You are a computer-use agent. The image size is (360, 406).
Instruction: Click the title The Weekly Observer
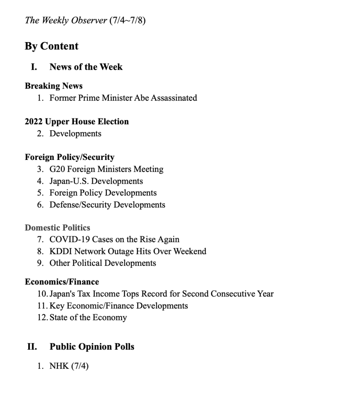[x=66, y=20]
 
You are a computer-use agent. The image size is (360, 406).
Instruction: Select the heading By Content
[x=52, y=46]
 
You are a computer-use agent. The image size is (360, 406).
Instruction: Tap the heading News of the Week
[x=86, y=67]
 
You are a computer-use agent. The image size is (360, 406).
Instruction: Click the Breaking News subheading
[x=54, y=86]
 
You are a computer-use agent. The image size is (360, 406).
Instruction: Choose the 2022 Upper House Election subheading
[x=77, y=121]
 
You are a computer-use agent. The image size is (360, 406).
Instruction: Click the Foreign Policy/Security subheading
[x=69, y=157]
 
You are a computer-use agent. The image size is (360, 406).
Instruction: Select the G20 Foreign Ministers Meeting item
[x=106, y=169]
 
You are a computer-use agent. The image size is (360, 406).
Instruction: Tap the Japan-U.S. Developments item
[x=96, y=181]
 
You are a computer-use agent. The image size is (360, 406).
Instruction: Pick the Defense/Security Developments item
[x=107, y=205]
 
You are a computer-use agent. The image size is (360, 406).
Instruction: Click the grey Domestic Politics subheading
[x=58, y=227]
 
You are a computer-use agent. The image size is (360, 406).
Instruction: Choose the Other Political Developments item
[x=102, y=263]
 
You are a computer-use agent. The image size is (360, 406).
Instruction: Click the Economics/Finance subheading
[x=62, y=282]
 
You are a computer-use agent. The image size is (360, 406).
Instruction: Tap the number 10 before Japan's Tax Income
[x=42, y=294]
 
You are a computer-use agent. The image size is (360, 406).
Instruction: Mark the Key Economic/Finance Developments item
[x=119, y=306]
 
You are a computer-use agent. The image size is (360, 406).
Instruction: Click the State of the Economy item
[x=88, y=317]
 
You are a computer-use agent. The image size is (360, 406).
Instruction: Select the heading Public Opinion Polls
[x=92, y=346]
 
